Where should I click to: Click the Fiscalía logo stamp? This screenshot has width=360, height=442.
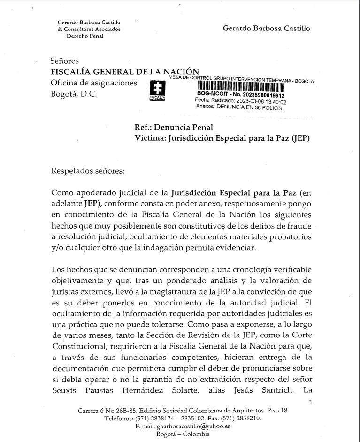click(157, 91)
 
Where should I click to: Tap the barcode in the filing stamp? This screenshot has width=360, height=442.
click(239, 86)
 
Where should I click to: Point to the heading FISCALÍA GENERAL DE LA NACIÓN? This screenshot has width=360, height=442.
click(125, 71)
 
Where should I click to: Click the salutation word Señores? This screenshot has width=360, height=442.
click(65, 61)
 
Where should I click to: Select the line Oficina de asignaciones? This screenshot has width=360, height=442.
click(94, 83)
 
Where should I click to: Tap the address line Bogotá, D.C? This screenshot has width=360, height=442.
click(74, 93)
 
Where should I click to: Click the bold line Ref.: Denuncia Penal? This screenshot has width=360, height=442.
click(174, 127)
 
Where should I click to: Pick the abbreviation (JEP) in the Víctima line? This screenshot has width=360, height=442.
click(300, 138)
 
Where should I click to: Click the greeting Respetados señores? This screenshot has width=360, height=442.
click(88, 170)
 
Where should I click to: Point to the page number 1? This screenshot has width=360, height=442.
click(310, 402)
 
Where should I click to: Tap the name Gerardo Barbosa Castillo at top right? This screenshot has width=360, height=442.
click(266, 28)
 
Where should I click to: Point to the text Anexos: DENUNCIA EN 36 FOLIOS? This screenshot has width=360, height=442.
click(240, 107)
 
